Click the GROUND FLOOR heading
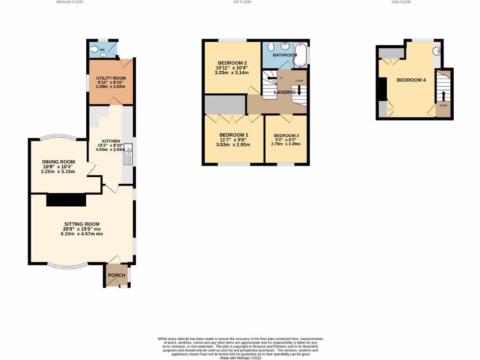70,2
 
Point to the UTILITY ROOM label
111,78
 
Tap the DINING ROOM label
58,162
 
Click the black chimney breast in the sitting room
66,200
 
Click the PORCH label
117,275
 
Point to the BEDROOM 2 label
232,63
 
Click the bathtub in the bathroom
300,56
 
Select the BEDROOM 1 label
234,135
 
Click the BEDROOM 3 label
286,135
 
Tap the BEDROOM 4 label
411,80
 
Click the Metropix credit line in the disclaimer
240,358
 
